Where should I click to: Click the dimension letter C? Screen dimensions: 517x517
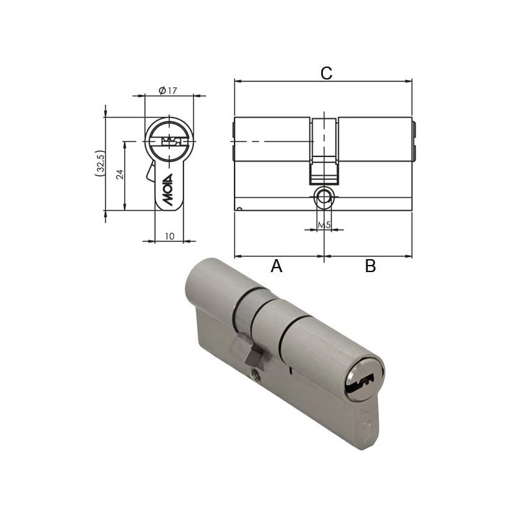pyautogui.click(x=326, y=73)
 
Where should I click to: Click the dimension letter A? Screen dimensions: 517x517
pyautogui.click(x=277, y=266)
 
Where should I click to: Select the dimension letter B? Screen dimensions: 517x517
pyautogui.click(x=370, y=266)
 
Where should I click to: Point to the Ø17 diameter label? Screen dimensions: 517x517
pyautogui.click(x=168, y=90)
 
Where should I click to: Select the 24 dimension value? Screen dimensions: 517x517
pyautogui.click(x=119, y=175)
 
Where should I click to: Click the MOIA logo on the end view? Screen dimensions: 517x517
pyautogui.click(x=169, y=189)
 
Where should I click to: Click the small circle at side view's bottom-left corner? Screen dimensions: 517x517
pyautogui.click(x=239, y=208)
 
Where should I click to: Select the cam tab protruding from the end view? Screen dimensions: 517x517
pyautogui.click(x=149, y=173)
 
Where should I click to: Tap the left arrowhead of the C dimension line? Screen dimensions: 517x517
pyautogui.click(x=237, y=82)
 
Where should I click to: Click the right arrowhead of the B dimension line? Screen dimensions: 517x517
pyautogui.click(x=409, y=256)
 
